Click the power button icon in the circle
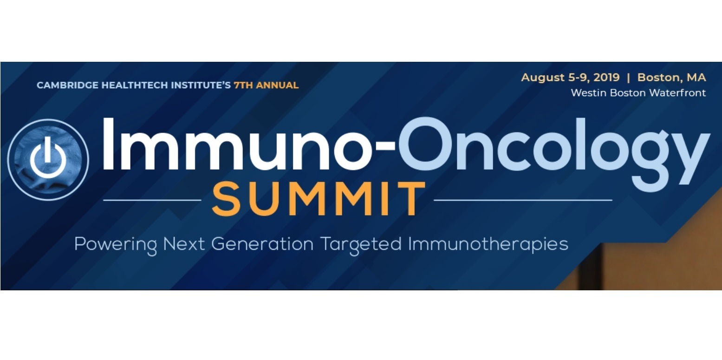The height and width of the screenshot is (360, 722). pos(48,158)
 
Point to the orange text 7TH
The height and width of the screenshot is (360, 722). pos(243,85)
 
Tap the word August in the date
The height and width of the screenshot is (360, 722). pos(543,78)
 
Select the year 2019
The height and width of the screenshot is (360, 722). pos(606,78)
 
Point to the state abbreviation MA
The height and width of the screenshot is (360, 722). pos(696,78)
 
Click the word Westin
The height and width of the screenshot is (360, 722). pos(589,93)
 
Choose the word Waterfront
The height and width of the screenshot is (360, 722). pos(677,93)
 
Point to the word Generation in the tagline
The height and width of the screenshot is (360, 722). pos(262,244)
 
